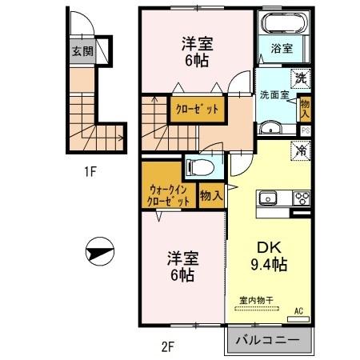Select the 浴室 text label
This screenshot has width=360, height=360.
[282, 48]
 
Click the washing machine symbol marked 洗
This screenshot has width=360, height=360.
[300, 78]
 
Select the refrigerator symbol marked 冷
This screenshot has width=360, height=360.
[299, 150]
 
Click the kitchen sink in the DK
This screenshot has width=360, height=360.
[267, 198]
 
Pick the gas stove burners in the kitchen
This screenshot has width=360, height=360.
[302, 198]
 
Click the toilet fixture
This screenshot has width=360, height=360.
[195, 168]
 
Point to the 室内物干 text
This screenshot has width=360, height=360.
[257, 300]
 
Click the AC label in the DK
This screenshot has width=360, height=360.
[298, 310]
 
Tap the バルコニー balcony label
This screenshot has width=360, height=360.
[269, 340]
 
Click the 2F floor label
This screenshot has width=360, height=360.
[166, 346]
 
